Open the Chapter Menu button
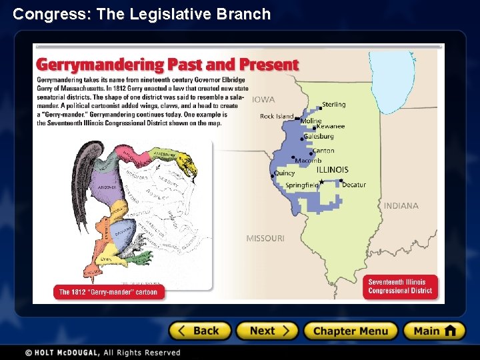click(x=350, y=331)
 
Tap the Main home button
click(x=434, y=331)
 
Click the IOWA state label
click(x=263, y=100)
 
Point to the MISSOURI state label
click(x=265, y=238)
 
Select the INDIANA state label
click(x=401, y=206)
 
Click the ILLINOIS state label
click(x=332, y=170)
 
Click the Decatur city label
click(x=354, y=185)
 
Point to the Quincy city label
click(x=284, y=173)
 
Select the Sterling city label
click(x=334, y=105)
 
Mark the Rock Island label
click(x=276, y=117)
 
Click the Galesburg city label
click(x=319, y=137)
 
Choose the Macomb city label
click(x=308, y=161)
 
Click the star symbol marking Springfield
click(x=322, y=181)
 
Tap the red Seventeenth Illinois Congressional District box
click(x=400, y=287)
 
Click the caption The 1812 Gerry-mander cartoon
click(x=108, y=292)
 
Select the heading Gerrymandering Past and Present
click(x=167, y=65)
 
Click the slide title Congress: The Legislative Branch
click(x=142, y=14)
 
